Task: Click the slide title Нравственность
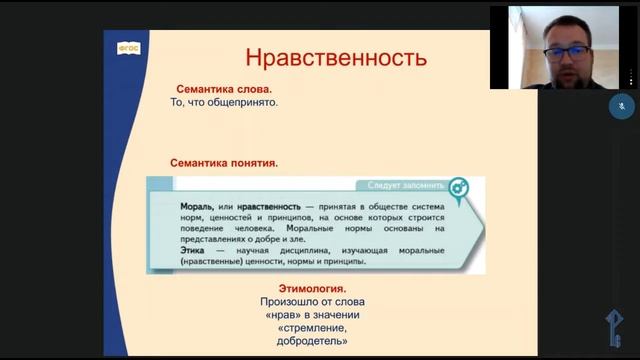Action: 322,57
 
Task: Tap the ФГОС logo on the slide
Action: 130,46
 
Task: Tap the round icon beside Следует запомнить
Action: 457,187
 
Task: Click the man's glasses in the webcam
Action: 562,45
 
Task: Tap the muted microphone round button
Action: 621,104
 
